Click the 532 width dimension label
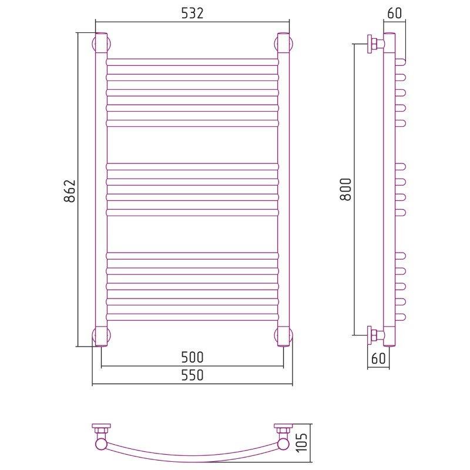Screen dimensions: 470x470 192,13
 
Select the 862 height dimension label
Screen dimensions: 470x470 70,191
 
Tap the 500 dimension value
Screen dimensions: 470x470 192,357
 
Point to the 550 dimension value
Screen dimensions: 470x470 192,375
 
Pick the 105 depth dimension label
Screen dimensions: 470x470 303,442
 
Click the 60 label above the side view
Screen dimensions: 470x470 394,13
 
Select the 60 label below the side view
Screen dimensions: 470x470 378,358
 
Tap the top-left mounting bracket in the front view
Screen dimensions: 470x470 101,43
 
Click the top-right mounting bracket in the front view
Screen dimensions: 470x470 283,43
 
